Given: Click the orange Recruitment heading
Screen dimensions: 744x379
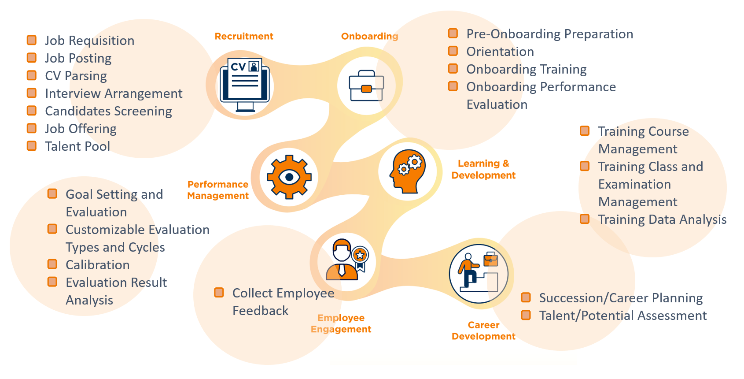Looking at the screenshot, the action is [244, 36].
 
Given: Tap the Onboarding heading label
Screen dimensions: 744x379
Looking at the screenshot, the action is [369, 36].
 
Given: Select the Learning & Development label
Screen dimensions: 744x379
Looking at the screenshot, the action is [483, 169].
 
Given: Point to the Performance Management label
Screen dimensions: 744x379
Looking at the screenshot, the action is [218, 190].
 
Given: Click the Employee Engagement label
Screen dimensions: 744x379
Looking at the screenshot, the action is [341, 323].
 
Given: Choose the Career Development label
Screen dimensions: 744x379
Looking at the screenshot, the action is [483, 331].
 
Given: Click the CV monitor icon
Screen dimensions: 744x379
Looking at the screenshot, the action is [245, 85].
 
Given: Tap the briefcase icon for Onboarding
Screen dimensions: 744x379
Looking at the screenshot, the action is [366, 85].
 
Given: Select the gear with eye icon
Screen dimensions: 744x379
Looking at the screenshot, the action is [289, 177].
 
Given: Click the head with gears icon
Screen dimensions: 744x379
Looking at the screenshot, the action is [408, 171].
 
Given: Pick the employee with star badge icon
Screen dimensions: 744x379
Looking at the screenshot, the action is [347, 259].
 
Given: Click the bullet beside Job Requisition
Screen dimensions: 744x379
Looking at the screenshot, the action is [32, 40].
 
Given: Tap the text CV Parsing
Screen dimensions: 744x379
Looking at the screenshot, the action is [76, 76].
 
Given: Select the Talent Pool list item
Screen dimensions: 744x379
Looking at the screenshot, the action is [77, 146].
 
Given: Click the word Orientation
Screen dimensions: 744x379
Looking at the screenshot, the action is [500, 52].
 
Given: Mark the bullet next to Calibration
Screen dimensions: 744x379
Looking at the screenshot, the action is [52, 264].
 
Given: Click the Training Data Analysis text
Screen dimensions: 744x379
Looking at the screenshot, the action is [662, 219].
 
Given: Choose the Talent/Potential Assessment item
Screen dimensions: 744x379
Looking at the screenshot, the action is [623, 316].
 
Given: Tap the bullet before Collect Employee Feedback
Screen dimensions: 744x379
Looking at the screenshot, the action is [219, 293].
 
